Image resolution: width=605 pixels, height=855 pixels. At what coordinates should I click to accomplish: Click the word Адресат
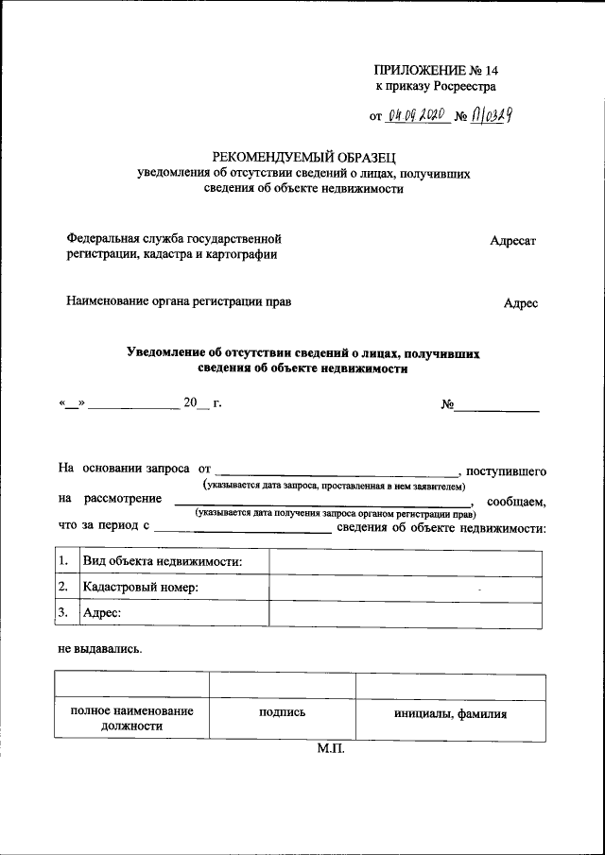click(512, 241)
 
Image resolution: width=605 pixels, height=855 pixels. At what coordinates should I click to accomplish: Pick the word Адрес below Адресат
click(520, 303)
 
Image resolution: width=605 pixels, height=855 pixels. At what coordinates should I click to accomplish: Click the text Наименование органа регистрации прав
click(179, 302)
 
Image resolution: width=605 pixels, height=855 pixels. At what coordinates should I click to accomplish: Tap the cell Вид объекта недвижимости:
click(163, 562)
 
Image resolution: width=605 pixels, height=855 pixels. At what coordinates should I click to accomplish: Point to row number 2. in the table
click(64, 588)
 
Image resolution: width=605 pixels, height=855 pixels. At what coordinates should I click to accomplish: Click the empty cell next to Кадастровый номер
click(406, 588)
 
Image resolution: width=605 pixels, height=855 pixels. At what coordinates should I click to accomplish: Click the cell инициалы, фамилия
click(450, 714)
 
